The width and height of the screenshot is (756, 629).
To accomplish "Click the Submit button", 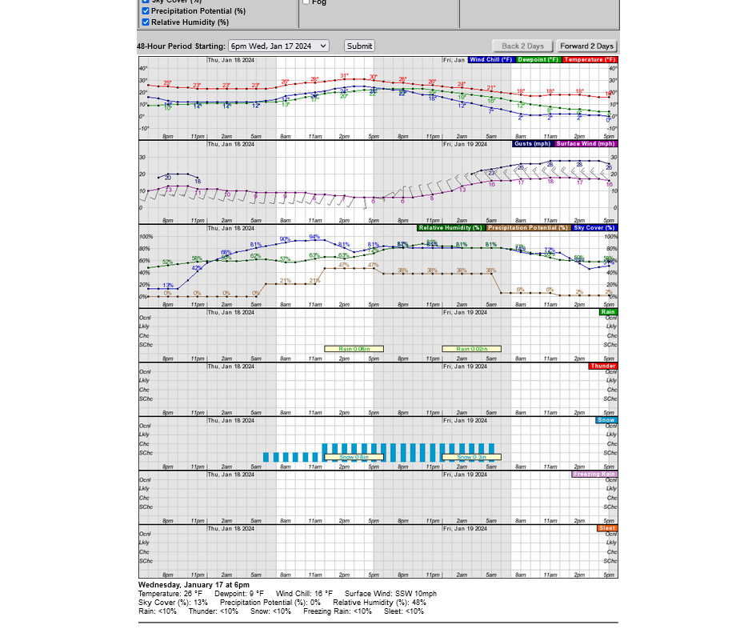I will coord(359,46).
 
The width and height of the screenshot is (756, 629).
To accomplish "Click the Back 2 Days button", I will coord(522,46).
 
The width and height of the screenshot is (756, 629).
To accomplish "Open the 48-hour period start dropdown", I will coord(278,46).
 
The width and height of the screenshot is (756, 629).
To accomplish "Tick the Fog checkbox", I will coord(306,2).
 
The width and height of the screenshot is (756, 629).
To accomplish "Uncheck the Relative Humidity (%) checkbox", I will coord(146,22).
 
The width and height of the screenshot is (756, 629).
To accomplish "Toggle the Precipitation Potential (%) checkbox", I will coord(146,11).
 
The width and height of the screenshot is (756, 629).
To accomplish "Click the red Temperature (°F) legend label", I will coord(590,59).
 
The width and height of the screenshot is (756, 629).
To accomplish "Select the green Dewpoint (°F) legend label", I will coord(538,59).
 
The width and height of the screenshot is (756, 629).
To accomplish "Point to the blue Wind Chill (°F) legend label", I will coord(491,59).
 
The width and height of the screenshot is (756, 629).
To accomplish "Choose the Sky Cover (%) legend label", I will coord(594,228).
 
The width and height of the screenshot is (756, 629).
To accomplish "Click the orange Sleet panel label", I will coord(607,528).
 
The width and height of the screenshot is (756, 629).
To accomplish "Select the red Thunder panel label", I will coord(602,366).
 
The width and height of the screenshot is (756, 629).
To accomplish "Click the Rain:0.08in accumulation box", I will coord(354,349).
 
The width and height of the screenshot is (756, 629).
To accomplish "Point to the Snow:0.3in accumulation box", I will coord(471,457).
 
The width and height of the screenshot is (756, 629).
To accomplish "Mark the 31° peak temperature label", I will coord(344,76).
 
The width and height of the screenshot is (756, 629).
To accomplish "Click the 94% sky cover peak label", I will coord(314,237).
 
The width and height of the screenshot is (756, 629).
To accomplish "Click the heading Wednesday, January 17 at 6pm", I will coord(194,585).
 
